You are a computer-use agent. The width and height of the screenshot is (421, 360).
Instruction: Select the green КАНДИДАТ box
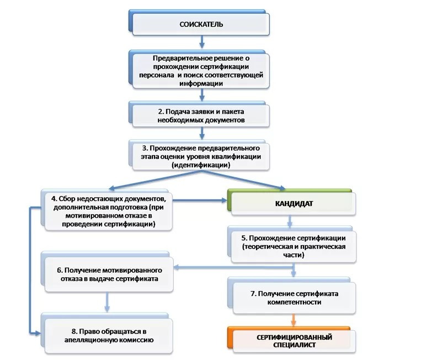291,202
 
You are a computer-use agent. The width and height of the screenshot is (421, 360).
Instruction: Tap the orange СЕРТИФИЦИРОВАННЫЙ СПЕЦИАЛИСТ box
291,340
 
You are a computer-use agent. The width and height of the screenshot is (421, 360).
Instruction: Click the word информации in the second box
201,83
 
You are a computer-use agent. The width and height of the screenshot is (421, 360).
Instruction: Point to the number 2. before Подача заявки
161,112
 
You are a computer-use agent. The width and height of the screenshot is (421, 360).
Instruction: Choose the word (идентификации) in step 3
201,165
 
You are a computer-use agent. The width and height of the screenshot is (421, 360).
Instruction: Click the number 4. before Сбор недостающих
54,199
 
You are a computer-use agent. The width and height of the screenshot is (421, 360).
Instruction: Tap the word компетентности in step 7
294,302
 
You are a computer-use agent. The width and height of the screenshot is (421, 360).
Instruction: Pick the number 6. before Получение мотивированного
60,270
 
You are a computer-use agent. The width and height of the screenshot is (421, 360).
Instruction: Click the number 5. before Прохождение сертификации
244,238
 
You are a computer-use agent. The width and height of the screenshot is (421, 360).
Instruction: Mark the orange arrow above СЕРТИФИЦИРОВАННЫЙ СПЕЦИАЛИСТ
294,320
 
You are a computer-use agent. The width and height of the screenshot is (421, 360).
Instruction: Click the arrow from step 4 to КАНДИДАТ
200,200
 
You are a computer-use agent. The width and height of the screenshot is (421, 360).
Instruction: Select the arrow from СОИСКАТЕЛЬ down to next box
202,42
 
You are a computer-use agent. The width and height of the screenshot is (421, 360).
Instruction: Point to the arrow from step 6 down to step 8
107,302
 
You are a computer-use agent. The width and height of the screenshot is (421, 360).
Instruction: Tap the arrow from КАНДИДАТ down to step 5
290,221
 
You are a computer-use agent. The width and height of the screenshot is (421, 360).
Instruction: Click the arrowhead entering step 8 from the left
38,333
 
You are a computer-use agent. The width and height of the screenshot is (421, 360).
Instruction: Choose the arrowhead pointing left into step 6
177,267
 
